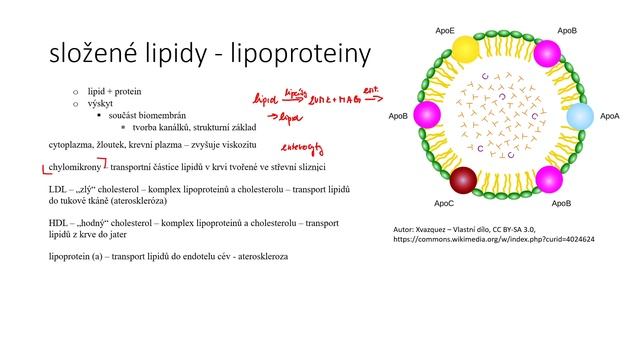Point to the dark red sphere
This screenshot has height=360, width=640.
(x=463, y=181)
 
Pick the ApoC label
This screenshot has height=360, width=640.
(x=445, y=203)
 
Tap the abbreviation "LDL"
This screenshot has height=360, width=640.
(x=59, y=188)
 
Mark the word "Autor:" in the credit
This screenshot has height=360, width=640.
(x=408, y=229)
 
